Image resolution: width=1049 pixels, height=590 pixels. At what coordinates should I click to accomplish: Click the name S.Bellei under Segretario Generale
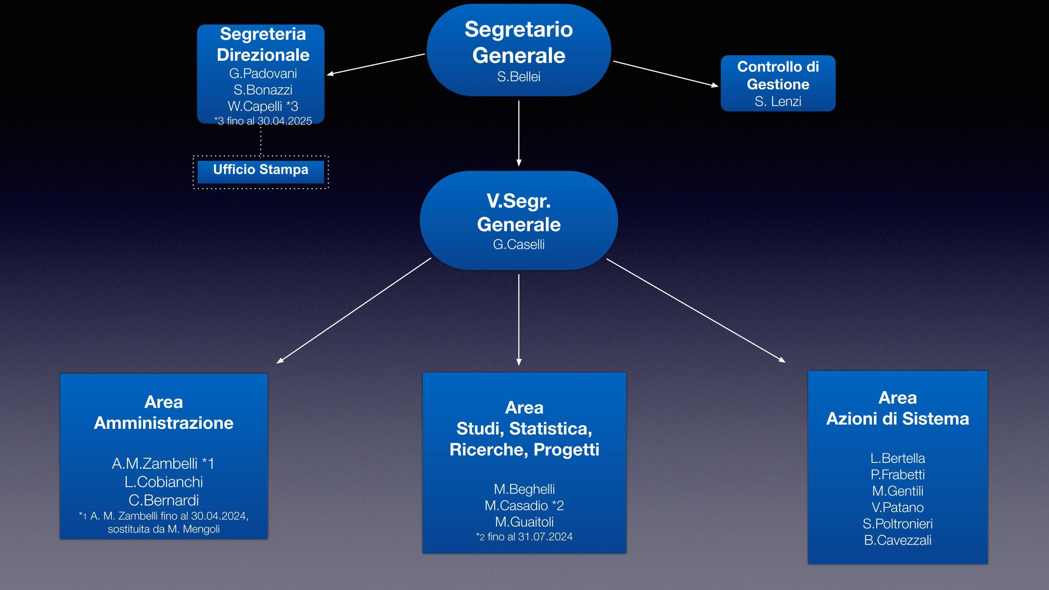519,77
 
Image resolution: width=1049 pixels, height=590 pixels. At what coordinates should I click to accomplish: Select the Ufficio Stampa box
261,170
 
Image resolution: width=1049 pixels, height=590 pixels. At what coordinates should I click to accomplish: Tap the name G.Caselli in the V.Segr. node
519,244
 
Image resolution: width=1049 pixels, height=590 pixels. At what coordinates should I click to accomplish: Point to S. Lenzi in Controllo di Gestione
778,102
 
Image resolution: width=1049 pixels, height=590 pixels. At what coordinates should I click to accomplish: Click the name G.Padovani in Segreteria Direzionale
263,73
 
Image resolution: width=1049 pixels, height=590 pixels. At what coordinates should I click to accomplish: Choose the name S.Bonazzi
263,90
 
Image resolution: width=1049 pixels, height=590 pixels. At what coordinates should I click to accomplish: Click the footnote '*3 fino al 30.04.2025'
263,121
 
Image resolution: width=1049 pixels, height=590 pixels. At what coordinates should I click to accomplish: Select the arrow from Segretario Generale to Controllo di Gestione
665,74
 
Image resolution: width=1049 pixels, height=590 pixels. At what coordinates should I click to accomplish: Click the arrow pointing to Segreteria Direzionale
376,64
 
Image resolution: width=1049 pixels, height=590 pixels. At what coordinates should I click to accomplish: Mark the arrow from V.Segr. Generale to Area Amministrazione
354,310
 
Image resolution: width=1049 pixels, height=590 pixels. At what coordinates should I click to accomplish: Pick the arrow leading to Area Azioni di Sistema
696,310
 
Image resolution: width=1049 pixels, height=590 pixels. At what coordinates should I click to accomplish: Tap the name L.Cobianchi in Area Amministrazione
164,482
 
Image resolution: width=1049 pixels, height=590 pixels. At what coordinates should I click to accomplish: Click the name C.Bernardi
164,500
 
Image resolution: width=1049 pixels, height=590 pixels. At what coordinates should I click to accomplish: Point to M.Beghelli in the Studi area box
524,489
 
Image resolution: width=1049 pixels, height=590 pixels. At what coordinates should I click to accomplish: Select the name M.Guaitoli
524,522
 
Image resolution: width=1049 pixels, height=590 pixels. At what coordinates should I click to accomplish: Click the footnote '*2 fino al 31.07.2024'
524,537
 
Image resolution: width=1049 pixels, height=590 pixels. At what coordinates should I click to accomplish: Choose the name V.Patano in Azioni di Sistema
898,507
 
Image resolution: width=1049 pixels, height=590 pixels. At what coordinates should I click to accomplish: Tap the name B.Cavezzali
898,540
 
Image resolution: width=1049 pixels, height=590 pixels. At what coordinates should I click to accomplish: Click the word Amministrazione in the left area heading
164,423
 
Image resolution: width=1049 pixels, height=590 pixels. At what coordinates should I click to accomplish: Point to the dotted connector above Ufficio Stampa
261,140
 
